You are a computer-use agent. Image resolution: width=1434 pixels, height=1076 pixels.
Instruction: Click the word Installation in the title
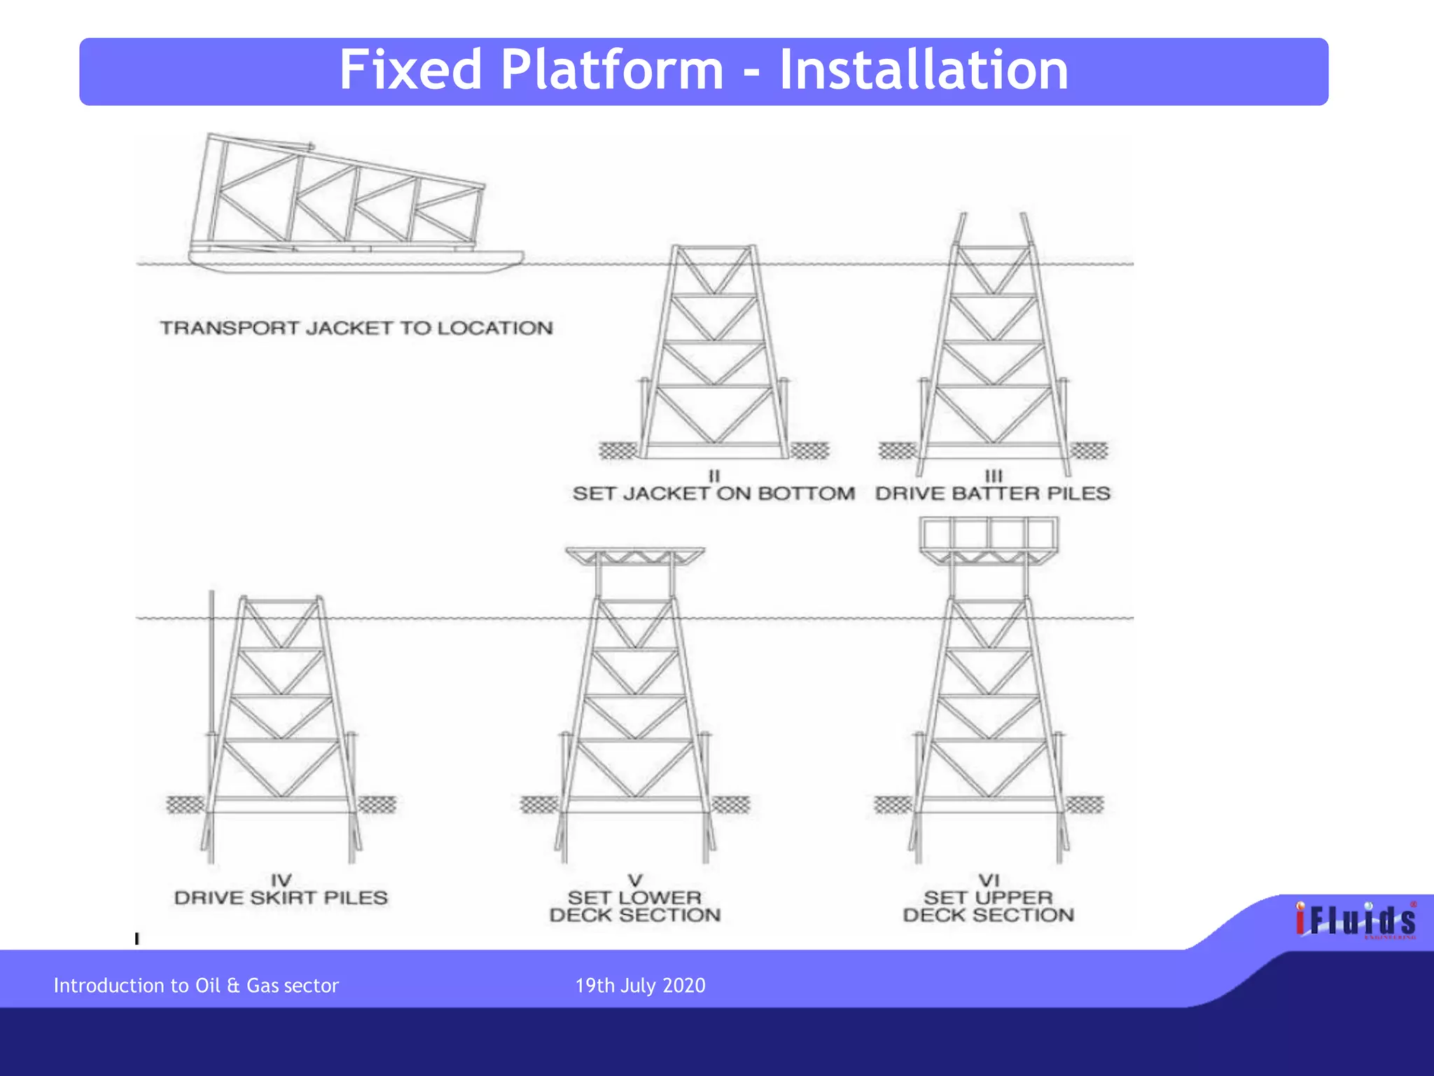click(x=924, y=70)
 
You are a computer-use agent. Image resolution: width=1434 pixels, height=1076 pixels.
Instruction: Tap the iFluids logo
click(x=1355, y=920)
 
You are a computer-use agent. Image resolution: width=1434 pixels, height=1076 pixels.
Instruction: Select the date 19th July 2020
click(x=640, y=986)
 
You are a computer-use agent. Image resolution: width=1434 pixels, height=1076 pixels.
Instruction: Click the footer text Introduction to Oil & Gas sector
click(x=196, y=986)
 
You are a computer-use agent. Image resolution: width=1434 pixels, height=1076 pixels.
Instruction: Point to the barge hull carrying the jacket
click(x=356, y=262)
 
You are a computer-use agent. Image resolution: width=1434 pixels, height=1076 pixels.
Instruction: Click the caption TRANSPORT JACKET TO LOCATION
click(x=356, y=328)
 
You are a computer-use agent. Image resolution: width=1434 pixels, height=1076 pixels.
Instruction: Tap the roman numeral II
click(x=713, y=476)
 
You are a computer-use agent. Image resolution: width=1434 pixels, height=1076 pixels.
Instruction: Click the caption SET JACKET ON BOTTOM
click(x=713, y=494)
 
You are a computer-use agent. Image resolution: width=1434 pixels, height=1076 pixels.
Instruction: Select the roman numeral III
click(x=993, y=476)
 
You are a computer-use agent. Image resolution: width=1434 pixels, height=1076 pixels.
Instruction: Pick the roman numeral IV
click(x=281, y=880)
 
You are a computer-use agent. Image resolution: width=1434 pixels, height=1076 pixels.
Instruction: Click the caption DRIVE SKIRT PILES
click(x=281, y=898)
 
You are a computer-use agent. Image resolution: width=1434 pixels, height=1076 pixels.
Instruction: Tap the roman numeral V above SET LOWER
click(x=634, y=880)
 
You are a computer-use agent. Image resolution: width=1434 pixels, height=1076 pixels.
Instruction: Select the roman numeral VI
click(x=988, y=880)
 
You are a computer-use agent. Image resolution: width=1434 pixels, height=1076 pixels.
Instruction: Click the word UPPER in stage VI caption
click(x=1012, y=898)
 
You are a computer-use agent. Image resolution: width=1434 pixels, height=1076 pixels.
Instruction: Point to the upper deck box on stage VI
click(x=988, y=534)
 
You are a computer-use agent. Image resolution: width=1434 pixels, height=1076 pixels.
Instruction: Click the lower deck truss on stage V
click(x=634, y=557)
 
